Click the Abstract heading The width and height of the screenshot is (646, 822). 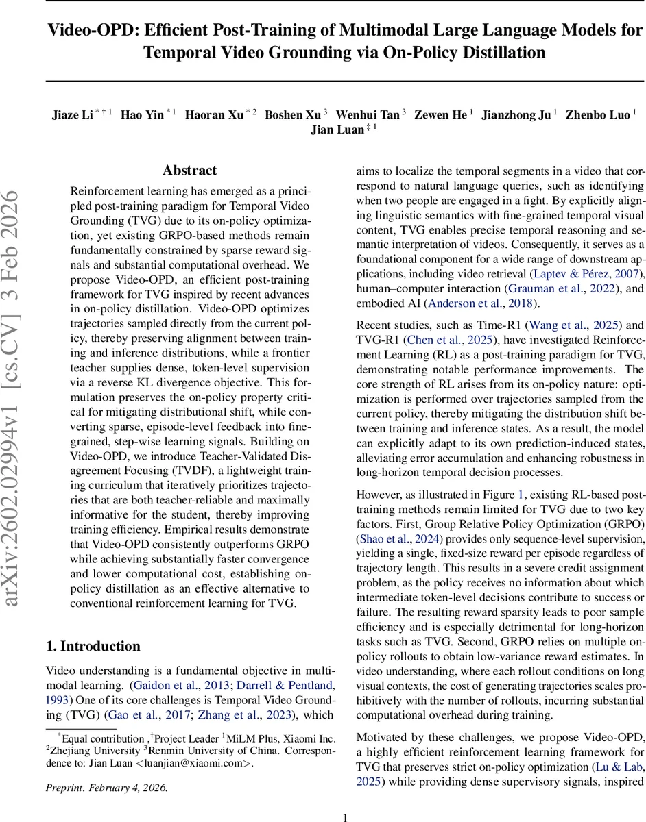click(189, 171)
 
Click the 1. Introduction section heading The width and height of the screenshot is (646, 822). click(93, 646)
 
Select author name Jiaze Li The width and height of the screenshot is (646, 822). click(72, 114)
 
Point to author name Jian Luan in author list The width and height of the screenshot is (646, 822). click(337, 129)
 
